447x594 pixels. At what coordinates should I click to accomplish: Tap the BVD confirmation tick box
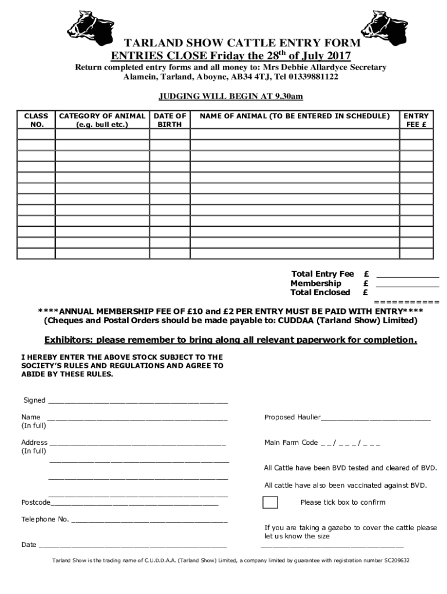click(270, 502)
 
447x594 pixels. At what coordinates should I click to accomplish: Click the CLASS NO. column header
click(36, 120)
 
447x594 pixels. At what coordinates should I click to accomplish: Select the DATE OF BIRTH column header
click(170, 120)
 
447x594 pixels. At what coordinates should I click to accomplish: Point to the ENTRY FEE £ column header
click(416, 120)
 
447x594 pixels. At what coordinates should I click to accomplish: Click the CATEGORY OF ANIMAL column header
click(102, 120)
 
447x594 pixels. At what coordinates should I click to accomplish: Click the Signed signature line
click(138, 401)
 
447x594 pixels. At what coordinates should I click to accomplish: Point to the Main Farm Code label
click(291, 443)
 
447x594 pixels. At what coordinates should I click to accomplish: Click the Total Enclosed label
click(320, 292)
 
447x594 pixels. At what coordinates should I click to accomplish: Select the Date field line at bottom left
click(132, 546)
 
